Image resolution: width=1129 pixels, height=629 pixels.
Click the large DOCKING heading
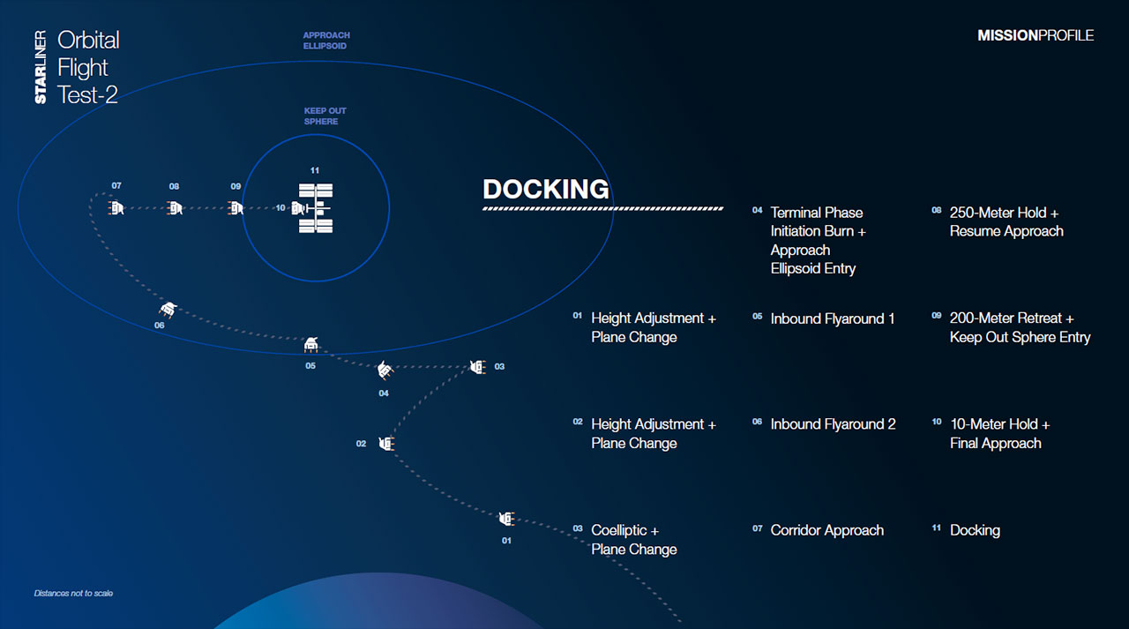(x=546, y=189)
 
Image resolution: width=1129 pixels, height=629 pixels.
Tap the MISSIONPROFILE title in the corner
(x=1036, y=35)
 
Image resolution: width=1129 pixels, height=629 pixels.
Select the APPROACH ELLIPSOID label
(x=326, y=41)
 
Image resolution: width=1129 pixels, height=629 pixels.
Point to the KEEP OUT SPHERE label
(x=325, y=116)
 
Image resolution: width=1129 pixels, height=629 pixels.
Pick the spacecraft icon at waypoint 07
(x=116, y=207)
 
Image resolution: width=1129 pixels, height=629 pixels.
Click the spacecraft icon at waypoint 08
(x=175, y=207)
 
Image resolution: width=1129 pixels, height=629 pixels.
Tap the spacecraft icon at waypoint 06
(x=168, y=310)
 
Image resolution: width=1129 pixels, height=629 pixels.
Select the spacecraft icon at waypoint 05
(x=311, y=344)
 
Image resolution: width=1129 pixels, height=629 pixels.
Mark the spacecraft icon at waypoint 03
(x=478, y=366)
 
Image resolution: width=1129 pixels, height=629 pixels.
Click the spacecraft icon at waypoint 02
(x=386, y=444)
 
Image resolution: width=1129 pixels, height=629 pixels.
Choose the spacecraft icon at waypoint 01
(x=506, y=518)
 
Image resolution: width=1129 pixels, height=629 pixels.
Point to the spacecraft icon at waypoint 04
(x=385, y=370)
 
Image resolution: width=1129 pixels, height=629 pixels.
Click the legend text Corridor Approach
(x=827, y=530)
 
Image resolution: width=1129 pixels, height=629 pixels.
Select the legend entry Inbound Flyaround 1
(x=833, y=318)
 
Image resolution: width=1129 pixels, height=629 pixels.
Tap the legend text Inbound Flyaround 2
(x=834, y=424)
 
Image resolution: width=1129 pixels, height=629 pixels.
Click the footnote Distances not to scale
(x=73, y=593)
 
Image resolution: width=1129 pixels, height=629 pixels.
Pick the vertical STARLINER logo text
(x=41, y=67)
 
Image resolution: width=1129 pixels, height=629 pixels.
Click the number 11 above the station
(x=315, y=170)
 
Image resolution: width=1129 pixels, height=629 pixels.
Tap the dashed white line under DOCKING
(x=602, y=208)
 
